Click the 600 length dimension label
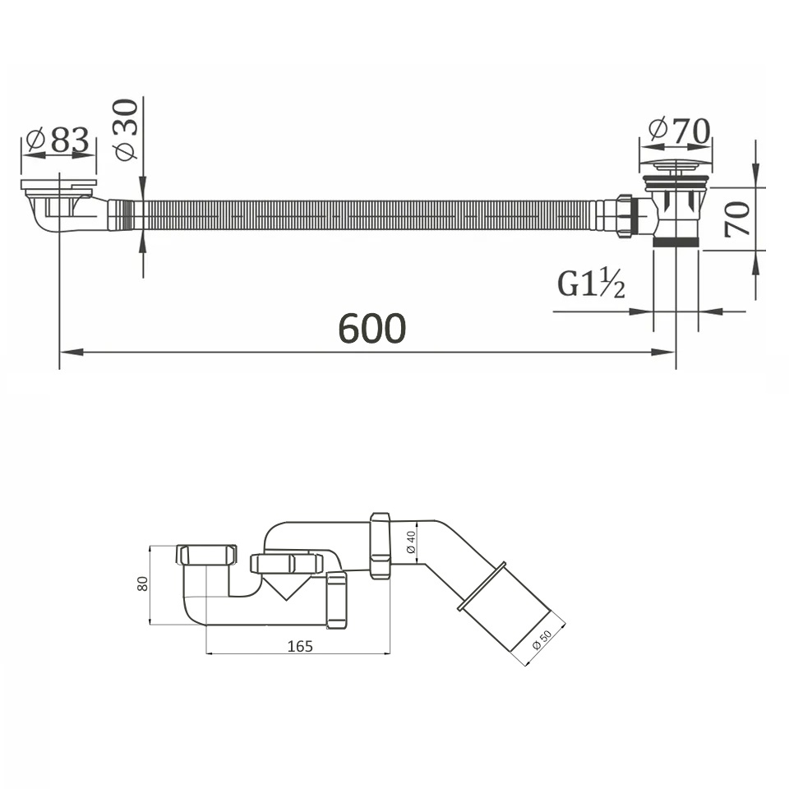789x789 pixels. pyautogui.click(x=371, y=328)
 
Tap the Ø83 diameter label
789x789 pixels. pyautogui.click(x=58, y=141)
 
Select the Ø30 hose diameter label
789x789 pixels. pyautogui.click(x=126, y=130)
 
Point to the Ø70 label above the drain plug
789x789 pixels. pyautogui.click(x=680, y=131)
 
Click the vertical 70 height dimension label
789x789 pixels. pyautogui.click(x=738, y=219)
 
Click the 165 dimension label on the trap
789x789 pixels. pyautogui.click(x=300, y=646)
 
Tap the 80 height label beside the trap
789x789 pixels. pyautogui.click(x=143, y=584)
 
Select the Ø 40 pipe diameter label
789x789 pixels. pyautogui.click(x=411, y=542)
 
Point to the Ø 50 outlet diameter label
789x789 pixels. pyautogui.click(x=542, y=639)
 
